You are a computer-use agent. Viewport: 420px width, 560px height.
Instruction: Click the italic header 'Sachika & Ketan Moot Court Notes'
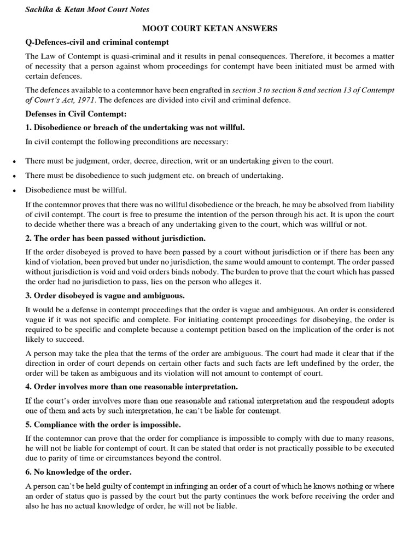click(x=87, y=9)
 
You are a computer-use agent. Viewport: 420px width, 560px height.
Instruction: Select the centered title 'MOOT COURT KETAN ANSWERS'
click(x=210, y=28)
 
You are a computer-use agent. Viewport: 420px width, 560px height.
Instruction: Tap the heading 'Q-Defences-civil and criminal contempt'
click(x=97, y=42)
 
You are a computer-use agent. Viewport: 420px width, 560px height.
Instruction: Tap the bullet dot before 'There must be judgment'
click(x=14, y=161)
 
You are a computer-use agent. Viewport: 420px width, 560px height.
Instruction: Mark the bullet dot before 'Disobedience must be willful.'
click(x=14, y=190)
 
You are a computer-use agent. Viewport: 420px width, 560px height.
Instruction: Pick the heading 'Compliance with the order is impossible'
click(x=103, y=424)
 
